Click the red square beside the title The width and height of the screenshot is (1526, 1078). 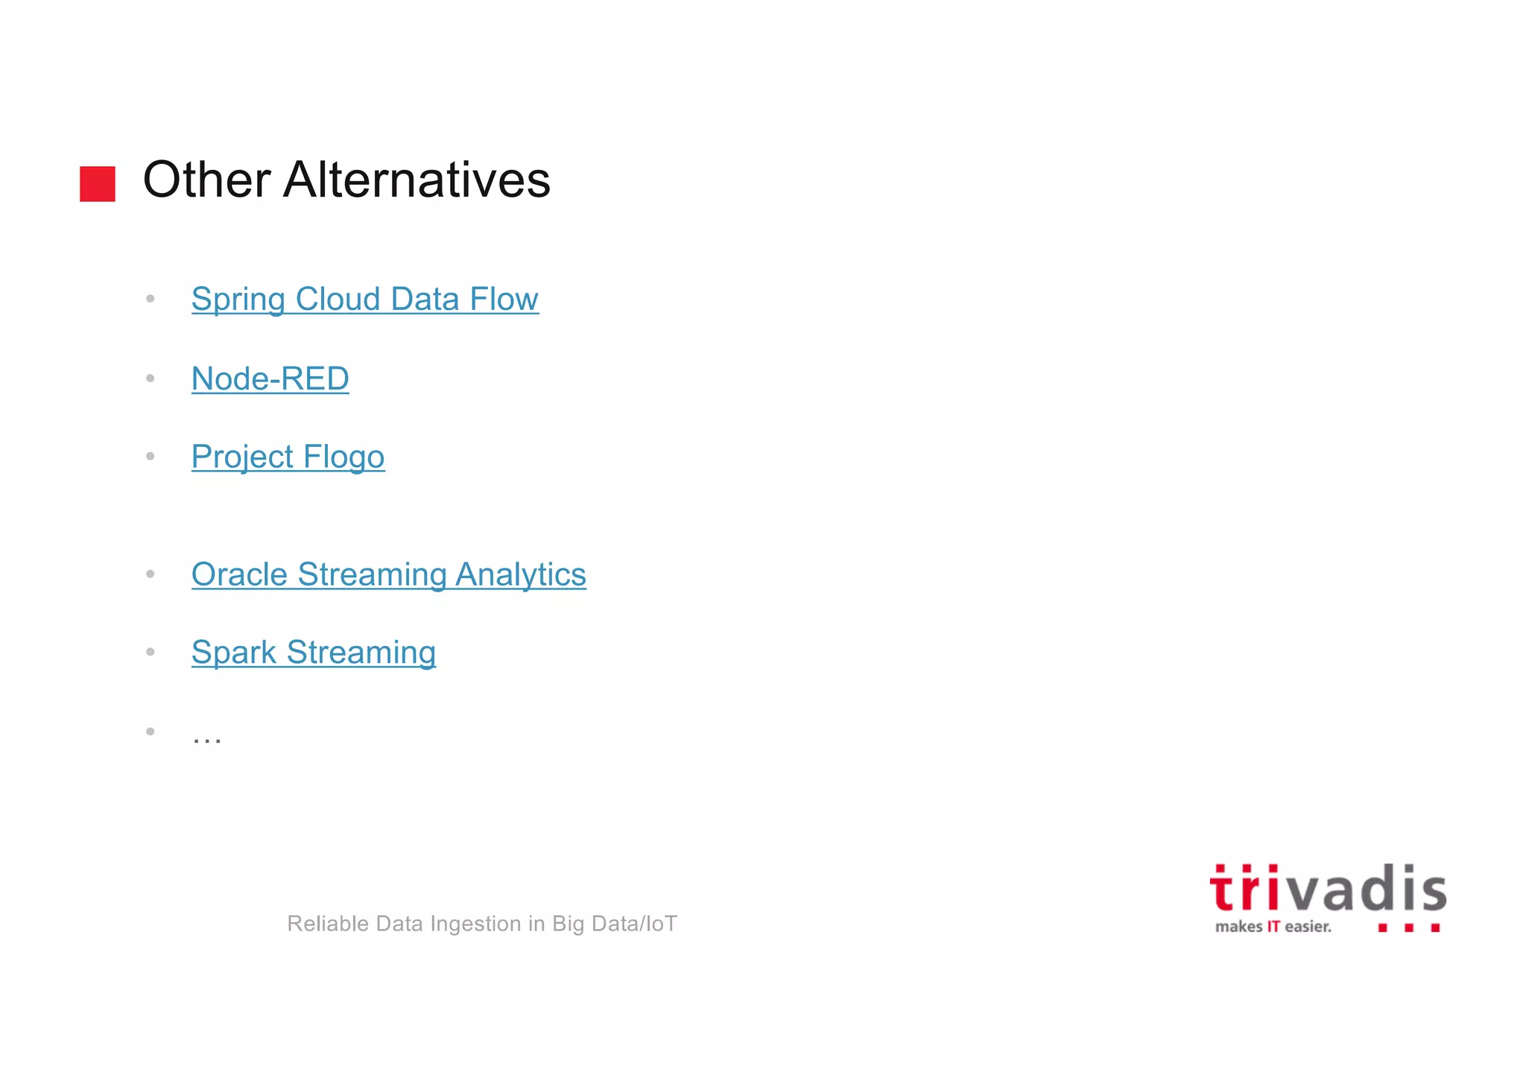[98, 183]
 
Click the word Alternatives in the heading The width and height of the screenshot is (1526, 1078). [417, 180]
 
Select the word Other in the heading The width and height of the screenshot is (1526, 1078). [206, 180]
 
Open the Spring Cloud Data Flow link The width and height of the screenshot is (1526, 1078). [364, 299]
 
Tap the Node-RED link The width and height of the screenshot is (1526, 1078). [270, 378]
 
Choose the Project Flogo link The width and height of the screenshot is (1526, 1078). [288, 457]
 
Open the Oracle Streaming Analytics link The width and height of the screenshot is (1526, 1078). [388, 574]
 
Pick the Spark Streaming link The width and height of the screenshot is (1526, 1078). [313, 653]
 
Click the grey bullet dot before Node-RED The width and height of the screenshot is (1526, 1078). [151, 378]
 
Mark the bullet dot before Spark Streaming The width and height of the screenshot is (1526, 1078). [151, 652]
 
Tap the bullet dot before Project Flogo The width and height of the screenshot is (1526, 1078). [151, 456]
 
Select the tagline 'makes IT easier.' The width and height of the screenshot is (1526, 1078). [1273, 927]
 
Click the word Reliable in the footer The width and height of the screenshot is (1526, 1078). [329, 924]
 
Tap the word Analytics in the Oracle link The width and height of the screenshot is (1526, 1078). [520, 574]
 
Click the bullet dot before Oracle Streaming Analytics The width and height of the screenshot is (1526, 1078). [151, 574]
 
